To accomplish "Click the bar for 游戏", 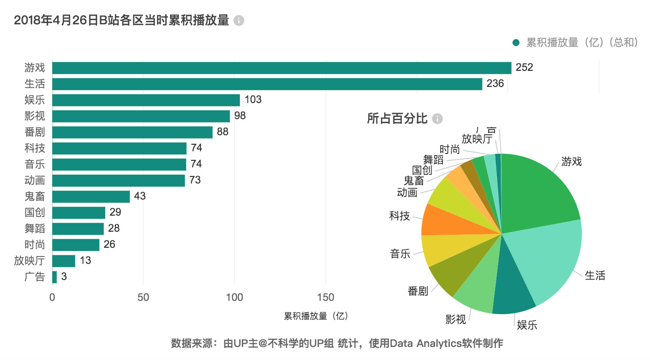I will [281, 68].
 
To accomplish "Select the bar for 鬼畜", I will [91, 197].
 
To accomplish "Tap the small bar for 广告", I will [54, 277].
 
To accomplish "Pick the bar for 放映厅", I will [64, 261].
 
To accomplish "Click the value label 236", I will [495, 83].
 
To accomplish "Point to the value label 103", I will [253, 100].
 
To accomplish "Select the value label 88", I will [222, 132].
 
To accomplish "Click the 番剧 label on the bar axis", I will [35, 132].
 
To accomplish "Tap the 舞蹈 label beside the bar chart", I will [35, 229].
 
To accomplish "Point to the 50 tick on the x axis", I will [143, 297].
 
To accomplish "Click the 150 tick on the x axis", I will [325, 297].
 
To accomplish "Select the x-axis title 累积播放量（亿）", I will [316, 316].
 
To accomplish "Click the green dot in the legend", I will [516, 43].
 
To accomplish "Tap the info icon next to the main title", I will [239, 20].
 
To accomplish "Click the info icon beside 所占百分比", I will [437, 119].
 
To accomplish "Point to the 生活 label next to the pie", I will [595, 276].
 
